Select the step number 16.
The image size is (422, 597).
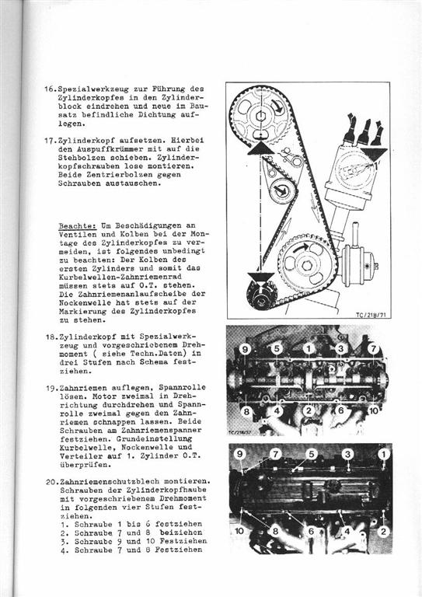[x=50, y=89]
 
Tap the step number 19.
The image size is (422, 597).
[x=51, y=388]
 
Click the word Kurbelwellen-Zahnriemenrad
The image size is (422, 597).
[x=120, y=278]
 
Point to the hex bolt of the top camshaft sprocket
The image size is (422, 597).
[x=260, y=116]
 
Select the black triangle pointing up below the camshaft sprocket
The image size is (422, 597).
[x=260, y=148]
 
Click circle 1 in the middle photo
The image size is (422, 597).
[x=309, y=348]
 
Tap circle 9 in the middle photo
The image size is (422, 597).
[x=245, y=349]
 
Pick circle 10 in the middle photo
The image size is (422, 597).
[x=374, y=410]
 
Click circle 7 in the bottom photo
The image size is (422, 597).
[x=275, y=453]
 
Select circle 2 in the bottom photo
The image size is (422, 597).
[x=383, y=531]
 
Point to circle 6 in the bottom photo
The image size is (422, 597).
[x=311, y=531]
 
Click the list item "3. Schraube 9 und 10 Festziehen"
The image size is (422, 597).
[x=133, y=541]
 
